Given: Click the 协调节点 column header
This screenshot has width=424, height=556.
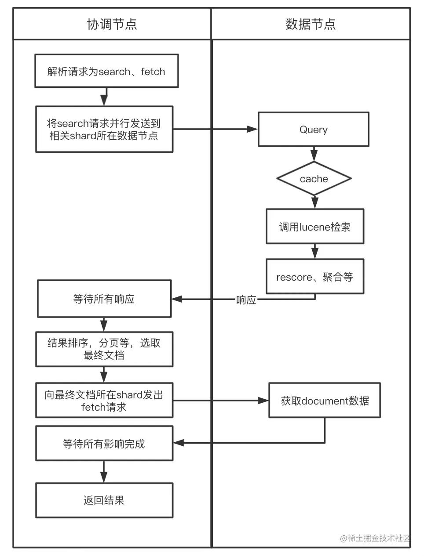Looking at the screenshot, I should [112, 24].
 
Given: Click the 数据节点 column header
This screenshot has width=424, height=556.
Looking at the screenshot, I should [311, 24].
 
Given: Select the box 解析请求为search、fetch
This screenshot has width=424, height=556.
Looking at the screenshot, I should [106, 71].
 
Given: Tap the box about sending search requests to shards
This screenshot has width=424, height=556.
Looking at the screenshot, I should [104, 129].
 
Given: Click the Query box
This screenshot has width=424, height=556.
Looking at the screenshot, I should [313, 129].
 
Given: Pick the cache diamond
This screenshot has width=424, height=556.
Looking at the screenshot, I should [314, 179].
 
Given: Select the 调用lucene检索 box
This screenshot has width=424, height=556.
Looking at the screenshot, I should [314, 227].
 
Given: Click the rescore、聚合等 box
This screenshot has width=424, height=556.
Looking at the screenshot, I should [314, 277].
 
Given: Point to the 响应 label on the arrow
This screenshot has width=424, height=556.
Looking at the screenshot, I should [246, 300].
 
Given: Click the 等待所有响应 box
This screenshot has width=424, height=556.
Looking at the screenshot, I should [104, 299].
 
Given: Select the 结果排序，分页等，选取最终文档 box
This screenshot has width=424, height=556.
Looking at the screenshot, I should [104, 349].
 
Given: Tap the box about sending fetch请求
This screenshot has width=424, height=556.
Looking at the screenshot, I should [104, 400].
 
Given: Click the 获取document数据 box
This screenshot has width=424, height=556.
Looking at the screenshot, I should [325, 400].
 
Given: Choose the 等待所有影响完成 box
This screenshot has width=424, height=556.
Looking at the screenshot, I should [104, 443].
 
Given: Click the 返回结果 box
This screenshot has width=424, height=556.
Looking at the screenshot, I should [104, 500].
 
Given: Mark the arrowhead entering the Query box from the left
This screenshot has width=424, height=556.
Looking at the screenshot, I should [252, 129].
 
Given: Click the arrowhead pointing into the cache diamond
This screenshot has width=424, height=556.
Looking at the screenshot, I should [314, 156].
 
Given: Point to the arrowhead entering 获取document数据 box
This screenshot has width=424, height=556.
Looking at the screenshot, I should [263, 400].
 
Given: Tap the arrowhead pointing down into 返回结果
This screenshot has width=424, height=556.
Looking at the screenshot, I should [104, 477].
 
